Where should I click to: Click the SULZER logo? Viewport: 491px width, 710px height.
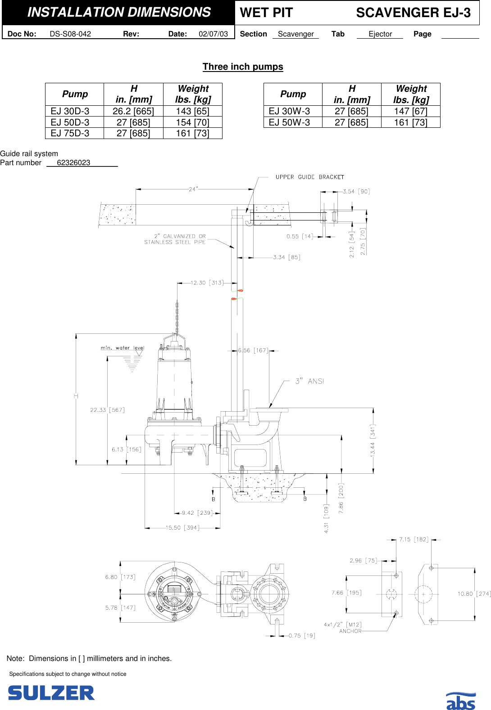51,692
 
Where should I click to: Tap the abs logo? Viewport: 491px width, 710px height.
460,701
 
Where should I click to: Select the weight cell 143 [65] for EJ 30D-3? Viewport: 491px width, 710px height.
192,111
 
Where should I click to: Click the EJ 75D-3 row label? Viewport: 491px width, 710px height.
70,133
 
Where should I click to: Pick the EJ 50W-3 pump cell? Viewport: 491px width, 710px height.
289,122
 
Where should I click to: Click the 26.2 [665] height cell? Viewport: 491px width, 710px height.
133,111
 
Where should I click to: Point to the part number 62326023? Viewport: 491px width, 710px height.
73,163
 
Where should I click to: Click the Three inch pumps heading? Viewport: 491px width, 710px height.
243,67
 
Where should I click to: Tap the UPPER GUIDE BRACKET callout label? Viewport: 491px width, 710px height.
309,177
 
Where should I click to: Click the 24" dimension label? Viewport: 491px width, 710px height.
193,189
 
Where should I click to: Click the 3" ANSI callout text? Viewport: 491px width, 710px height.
309,381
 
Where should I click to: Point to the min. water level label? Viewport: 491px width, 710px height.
122,348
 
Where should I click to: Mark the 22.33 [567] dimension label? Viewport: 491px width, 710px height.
107,410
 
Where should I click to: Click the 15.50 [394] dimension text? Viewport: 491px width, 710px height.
182,527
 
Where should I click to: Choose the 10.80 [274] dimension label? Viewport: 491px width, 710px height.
473,594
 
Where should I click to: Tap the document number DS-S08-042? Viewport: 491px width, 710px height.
70,34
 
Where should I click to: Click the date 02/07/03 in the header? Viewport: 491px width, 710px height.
213,34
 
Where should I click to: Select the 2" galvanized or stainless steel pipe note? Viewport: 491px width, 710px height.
175,239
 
